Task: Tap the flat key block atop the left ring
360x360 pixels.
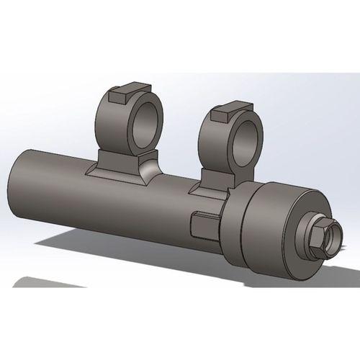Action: (120, 93)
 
